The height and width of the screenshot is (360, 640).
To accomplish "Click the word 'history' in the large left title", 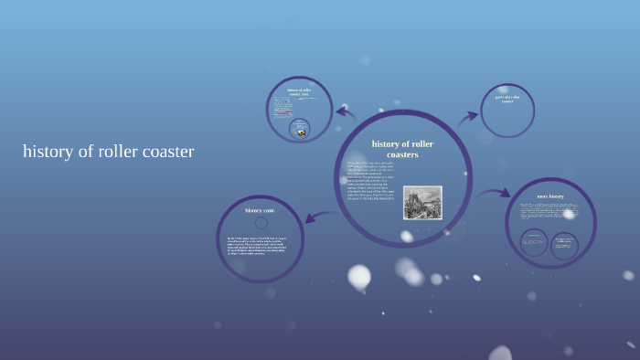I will [x=49, y=152].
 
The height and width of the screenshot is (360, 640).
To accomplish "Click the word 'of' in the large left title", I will [x=88, y=152].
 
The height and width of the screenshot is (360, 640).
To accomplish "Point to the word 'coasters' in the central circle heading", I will [x=402, y=154].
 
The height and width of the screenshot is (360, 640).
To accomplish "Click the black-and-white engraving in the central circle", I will [x=422, y=203].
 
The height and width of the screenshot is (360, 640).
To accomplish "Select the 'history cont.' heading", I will [x=260, y=210].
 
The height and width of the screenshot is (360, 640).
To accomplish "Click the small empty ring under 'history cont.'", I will [x=261, y=222].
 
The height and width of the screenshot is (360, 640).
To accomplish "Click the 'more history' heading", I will [x=550, y=196].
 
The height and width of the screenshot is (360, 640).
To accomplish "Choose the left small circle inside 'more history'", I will [x=533, y=242].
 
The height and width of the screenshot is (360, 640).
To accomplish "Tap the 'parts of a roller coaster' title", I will [x=507, y=99].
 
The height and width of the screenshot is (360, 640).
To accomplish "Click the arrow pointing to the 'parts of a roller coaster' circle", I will [x=468, y=116].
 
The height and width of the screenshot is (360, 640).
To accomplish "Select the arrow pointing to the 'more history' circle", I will [x=495, y=193].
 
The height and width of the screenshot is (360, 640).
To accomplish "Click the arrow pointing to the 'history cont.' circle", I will [x=316, y=217].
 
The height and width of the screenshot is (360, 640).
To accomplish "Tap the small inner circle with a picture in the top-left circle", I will [x=299, y=129].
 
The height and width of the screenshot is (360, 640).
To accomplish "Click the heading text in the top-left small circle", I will [x=299, y=91].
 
